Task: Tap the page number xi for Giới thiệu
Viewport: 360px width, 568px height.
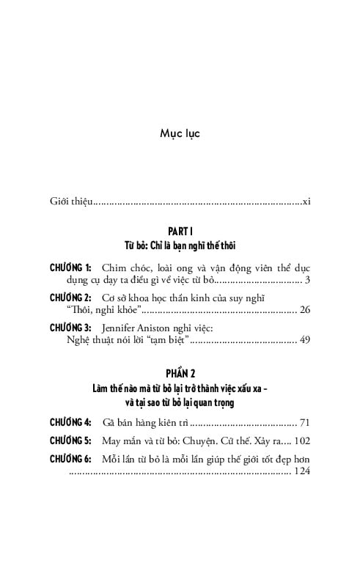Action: (x=306, y=200)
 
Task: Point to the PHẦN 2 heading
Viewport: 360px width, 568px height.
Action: (x=180, y=374)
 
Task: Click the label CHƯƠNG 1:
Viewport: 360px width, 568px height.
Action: (x=70, y=268)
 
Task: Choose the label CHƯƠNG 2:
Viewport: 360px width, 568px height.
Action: (x=70, y=298)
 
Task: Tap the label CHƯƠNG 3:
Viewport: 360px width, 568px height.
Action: (x=70, y=328)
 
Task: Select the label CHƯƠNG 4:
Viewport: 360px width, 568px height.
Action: (x=70, y=422)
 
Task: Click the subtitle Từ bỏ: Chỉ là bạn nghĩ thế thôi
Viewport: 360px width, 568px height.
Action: (x=180, y=246)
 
